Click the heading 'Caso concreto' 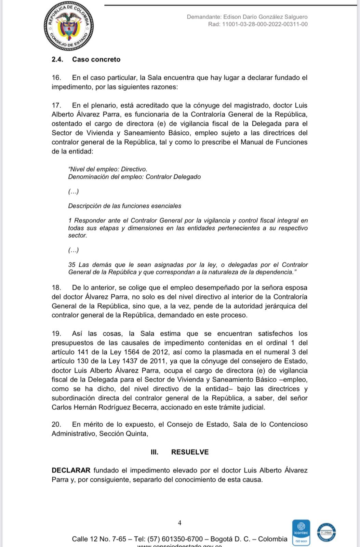[x=96, y=59]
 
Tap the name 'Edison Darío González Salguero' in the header [x=265, y=17]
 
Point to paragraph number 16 [x=56, y=78]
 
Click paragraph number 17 [x=56, y=105]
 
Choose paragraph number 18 [x=56, y=288]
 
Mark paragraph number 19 [x=56, y=334]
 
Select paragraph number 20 [x=56, y=425]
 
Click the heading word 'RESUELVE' [x=190, y=452]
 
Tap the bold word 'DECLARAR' [x=71, y=470]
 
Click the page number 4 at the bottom [x=180, y=523]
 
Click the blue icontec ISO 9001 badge [x=301, y=532]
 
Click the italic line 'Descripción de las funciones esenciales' [x=125, y=206]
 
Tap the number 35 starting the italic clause [x=72, y=265]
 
